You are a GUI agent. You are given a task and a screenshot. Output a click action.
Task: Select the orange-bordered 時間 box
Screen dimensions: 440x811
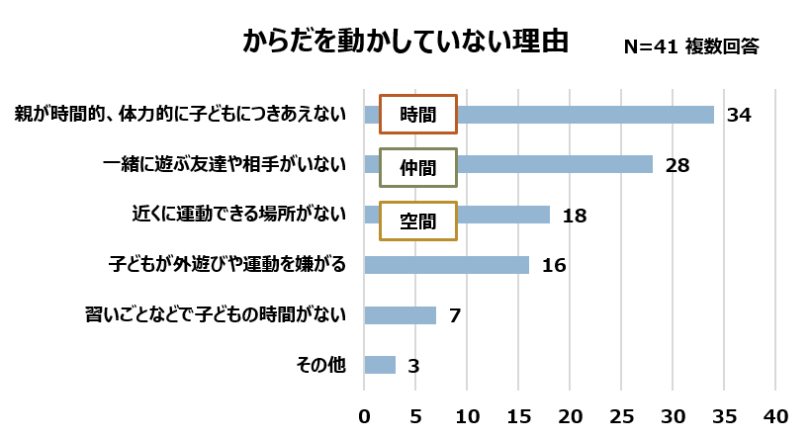(x=418, y=114)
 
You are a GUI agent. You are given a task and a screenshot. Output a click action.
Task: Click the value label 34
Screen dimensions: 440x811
(x=739, y=115)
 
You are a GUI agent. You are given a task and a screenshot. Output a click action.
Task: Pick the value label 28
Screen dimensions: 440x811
(x=676, y=165)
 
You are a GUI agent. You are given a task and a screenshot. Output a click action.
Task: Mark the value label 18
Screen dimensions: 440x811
(x=575, y=216)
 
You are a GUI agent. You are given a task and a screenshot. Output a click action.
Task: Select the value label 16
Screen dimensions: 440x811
(x=553, y=265)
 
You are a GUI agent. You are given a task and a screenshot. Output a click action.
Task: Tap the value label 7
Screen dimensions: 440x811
(x=456, y=316)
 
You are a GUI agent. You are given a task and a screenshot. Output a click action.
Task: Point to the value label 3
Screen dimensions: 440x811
(x=413, y=366)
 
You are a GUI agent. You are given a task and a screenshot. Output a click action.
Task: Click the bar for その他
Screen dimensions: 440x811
(x=380, y=365)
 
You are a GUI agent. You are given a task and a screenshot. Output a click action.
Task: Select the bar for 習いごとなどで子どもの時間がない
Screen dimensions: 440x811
(x=401, y=315)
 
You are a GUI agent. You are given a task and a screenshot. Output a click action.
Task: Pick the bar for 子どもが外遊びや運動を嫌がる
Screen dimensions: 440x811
(x=447, y=265)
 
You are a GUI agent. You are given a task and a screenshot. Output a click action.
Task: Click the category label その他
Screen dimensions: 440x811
(x=321, y=365)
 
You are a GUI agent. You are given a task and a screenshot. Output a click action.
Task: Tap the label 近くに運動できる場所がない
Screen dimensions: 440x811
(x=239, y=216)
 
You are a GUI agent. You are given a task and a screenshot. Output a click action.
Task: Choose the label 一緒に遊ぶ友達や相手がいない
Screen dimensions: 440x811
(x=225, y=165)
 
